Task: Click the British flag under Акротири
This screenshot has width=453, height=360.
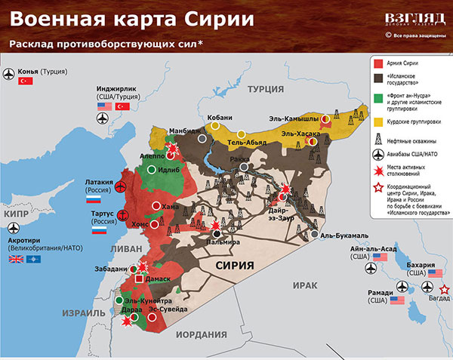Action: point(16,260)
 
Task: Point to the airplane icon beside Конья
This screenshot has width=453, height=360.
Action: point(10,72)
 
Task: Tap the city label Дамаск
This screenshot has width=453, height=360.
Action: point(158,279)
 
